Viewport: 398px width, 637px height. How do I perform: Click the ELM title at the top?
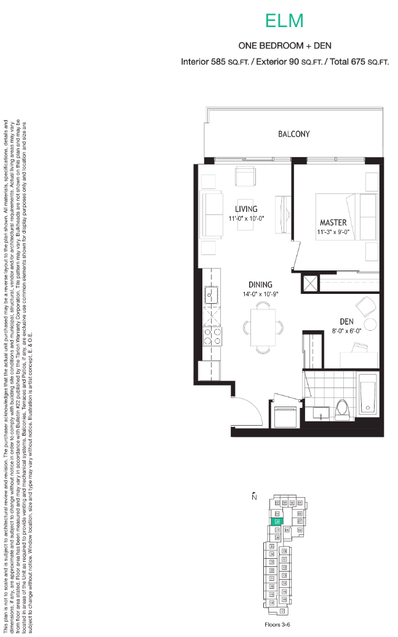point(284,21)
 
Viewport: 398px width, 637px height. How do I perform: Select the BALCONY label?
point(293,134)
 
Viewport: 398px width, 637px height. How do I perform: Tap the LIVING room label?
point(245,209)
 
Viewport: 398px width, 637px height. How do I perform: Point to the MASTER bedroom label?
point(332,222)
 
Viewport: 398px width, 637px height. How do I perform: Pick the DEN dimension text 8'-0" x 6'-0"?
point(346,330)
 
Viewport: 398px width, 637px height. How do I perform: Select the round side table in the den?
point(370,325)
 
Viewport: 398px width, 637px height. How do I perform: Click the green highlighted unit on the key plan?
point(277,521)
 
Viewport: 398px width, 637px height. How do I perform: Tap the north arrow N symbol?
point(253,497)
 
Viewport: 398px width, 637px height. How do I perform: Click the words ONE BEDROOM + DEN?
point(284,46)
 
